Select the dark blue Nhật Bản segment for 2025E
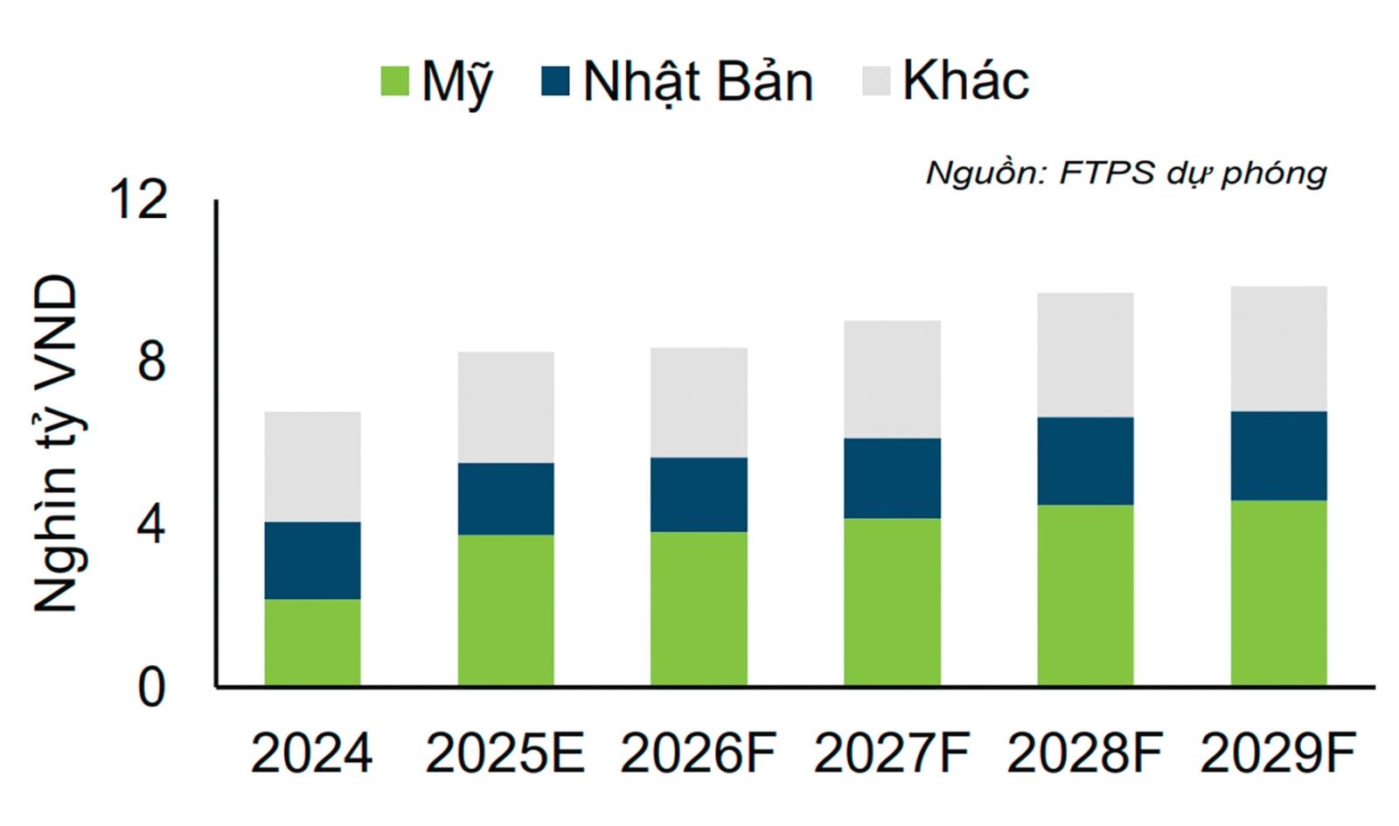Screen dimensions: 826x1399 pos(505,498)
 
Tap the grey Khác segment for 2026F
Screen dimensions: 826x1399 pos(699,402)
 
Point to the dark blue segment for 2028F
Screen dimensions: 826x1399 pos(1085,460)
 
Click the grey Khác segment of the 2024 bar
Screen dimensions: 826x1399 pos(312,466)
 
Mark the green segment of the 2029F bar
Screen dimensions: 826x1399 pos(1278,592)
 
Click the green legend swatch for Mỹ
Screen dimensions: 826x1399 pos(395,81)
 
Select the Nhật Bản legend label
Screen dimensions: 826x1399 pos(698,82)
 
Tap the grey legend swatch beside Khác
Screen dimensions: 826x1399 pos(876,81)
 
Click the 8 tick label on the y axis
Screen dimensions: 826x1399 pos(150,361)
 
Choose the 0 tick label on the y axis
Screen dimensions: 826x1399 pos(150,688)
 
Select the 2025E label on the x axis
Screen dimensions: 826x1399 pos(505,753)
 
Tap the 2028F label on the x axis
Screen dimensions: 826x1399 pos(1084,753)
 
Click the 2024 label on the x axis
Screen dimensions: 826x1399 pos(311,753)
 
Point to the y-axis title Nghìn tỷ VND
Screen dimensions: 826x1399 pos(56,444)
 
